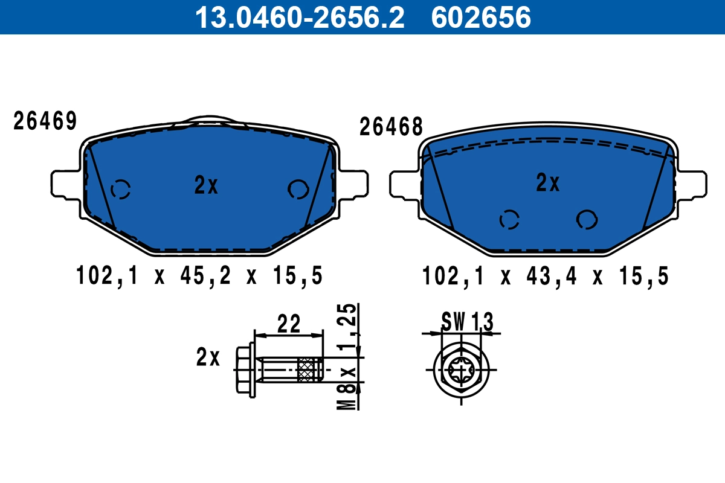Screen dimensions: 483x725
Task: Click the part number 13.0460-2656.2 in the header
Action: [298, 17]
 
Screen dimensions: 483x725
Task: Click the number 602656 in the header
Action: [481, 17]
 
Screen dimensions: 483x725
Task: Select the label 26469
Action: [45, 121]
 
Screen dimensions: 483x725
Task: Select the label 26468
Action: [391, 127]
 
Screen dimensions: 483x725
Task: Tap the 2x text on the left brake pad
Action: [206, 185]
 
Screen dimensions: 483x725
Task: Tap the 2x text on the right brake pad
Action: [548, 182]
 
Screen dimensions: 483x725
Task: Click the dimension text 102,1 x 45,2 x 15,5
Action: [200, 277]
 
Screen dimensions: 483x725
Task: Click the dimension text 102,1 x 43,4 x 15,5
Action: [546, 277]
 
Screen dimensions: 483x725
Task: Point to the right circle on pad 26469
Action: [298, 189]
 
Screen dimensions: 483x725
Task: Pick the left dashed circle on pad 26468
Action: [509, 220]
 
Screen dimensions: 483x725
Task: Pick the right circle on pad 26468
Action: [587, 219]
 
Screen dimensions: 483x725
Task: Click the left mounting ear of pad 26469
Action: [64, 184]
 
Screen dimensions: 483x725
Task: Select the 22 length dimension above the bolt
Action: [289, 324]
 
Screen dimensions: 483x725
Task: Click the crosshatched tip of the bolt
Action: [309, 369]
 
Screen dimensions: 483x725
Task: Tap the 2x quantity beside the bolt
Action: [208, 358]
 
